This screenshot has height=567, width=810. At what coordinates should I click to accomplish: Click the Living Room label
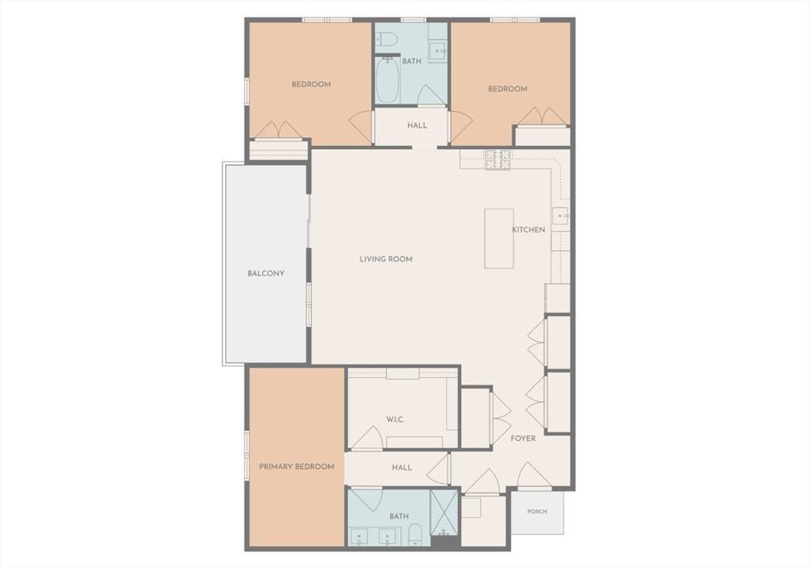point(386,259)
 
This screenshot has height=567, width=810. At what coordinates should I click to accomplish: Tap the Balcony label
point(266,273)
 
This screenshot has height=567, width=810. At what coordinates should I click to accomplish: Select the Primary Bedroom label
point(297,466)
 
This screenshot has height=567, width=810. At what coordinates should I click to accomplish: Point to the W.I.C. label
point(396,419)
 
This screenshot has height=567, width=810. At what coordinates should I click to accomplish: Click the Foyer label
point(523,438)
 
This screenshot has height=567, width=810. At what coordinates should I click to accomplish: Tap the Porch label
point(537,511)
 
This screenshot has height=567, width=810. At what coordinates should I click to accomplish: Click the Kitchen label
point(528,229)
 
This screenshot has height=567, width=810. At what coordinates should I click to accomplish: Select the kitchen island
point(498,238)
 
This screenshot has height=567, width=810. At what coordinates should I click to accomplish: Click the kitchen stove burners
point(497,160)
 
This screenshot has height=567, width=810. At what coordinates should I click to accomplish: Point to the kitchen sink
point(561,215)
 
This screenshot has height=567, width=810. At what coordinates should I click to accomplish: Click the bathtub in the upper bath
point(388,81)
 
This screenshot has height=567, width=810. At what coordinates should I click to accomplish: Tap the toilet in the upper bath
point(385,39)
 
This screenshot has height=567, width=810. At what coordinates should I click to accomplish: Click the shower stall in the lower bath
point(444,512)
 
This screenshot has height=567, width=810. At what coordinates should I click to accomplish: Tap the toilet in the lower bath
point(415,535)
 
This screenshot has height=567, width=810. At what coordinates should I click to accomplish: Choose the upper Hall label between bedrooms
point(417,125)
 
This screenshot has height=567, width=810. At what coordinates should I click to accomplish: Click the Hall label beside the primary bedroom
point(401,467)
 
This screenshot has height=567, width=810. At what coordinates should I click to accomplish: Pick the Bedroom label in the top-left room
point(311,84)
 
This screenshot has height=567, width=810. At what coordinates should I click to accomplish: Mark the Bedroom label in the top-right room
point(507,89)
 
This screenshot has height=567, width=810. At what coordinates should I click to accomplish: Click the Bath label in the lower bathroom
point(399,516)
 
